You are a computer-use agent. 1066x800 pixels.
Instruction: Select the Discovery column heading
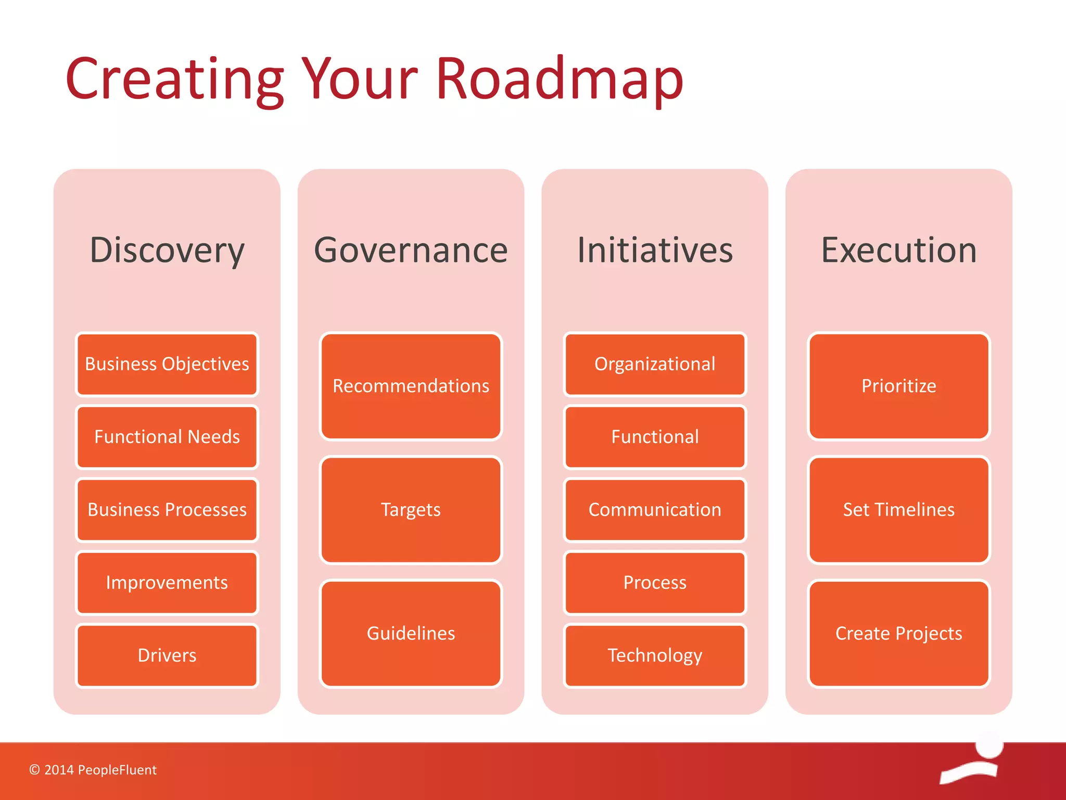(167, 251)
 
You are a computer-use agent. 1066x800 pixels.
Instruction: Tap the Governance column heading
(411, 251)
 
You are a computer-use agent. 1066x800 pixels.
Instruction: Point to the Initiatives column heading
(655, 251)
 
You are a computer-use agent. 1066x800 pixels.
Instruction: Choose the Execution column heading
(899, 251)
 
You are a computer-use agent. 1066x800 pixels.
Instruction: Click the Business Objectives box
(167, 364)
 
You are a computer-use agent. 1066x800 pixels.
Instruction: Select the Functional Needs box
(167, 437)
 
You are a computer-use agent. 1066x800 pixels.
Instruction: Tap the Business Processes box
(167, 510)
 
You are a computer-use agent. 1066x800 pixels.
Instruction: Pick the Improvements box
(167, 583)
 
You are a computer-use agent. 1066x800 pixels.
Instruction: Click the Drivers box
(167, 656)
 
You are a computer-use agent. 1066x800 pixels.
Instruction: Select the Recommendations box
(411, 386)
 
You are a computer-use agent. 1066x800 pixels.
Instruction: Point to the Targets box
(411, 510)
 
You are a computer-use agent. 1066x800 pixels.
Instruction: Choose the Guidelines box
(411, 633)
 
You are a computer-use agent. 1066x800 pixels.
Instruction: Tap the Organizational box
(655, 364)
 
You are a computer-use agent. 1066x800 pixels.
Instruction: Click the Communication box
(655, 510)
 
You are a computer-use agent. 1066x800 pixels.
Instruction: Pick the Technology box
(655, 656)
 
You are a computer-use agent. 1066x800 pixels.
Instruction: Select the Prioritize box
(899, 386)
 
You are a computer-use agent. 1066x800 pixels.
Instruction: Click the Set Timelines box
(899, 510)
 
